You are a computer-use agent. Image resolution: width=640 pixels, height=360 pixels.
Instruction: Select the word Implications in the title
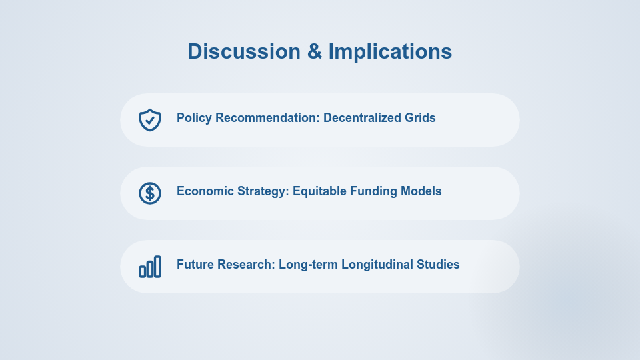390,51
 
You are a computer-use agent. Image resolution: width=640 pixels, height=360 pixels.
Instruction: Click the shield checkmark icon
150,120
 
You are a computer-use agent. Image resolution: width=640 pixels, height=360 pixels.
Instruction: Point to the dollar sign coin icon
150,193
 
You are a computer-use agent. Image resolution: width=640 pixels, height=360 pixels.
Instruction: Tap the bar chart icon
150,267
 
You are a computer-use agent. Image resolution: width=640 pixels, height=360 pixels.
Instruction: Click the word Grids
420,118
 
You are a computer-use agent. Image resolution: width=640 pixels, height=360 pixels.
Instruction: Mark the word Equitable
319,191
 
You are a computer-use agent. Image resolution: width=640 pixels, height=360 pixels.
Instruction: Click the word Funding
373,191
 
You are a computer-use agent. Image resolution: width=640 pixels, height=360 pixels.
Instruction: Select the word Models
422,191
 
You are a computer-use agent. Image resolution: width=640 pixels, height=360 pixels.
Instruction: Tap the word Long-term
308,265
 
